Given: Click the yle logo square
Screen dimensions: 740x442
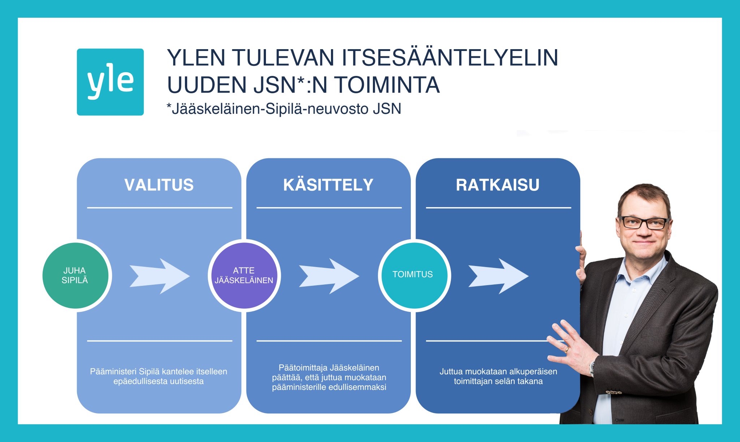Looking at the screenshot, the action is pyautogui.click(x=110, y=82).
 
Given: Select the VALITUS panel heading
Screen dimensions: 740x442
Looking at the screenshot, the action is pyautogui.click(x=159, y=185).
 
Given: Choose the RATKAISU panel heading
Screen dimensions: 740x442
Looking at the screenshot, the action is pyautogui.click(x=498, y=185).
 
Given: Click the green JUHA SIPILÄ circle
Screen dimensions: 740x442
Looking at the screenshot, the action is pyautogui.click(x=75, y=275).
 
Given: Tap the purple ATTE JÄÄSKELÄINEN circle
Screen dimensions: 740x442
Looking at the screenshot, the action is pyautogui.click(x=244, y=275).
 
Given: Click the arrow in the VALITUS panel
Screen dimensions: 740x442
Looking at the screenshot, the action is pyautogui.click(x=159, y=276).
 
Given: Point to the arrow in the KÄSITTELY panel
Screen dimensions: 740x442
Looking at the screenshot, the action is pyautogui.click(x=329, y=276).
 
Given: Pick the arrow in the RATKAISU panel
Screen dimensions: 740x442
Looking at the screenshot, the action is pyautogui.click(x=498, y=276).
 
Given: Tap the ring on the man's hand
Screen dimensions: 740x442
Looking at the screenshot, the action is pyautogui.click(x=567, y=349).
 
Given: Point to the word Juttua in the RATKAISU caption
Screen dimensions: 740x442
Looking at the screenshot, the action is pyautogui.click(x=451, y=372).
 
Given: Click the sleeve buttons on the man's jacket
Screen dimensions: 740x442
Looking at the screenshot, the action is pyautogui.click(x=614, y=392).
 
